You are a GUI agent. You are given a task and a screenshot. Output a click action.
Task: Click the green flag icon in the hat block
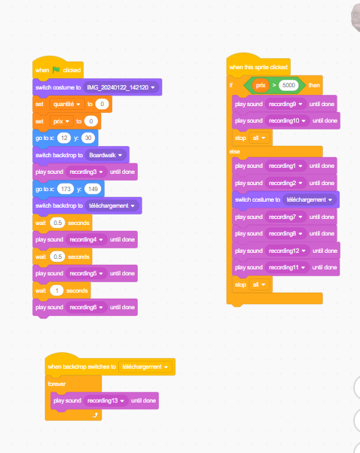[x=56, y=70]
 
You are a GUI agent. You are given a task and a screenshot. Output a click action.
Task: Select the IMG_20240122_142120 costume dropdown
[x=121, y=87]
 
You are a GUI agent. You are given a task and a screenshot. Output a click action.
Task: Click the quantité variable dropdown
[x=67, y=104]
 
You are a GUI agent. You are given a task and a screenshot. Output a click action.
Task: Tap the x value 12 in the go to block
[x=64, y=138]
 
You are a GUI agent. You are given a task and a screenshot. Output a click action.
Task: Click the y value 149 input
[x=93, y=189]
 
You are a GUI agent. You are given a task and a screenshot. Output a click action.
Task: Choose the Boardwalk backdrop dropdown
[x=105, y=155]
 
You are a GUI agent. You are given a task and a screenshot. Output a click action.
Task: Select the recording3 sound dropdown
[x=86, y=172]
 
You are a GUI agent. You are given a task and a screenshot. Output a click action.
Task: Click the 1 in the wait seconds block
[x=56, y=290]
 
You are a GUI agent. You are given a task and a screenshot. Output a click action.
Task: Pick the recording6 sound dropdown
[x=86, y=307]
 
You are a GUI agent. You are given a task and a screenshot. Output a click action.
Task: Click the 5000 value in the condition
[x=288, y=85]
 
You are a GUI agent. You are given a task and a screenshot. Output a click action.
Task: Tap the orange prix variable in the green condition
[x=261, y=85]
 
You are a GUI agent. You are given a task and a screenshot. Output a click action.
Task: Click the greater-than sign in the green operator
[x=274, y=85]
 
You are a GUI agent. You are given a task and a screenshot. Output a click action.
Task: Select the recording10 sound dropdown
[x=287, y=120]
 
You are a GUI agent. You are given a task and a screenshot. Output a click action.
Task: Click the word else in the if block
[x=234, y=151]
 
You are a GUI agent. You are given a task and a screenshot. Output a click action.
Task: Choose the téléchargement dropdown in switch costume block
[x=310, y=199]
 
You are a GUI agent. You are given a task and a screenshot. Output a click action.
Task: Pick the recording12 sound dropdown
[x=287, y=251]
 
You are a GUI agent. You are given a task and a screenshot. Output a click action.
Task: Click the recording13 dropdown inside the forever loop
[x=106, y=400]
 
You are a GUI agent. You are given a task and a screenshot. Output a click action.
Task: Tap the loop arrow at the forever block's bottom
[x=95, y=415]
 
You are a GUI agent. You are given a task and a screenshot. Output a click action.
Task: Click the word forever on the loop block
[x=56, y=384]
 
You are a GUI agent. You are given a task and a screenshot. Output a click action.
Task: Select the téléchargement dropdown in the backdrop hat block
[x=145, y=367]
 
